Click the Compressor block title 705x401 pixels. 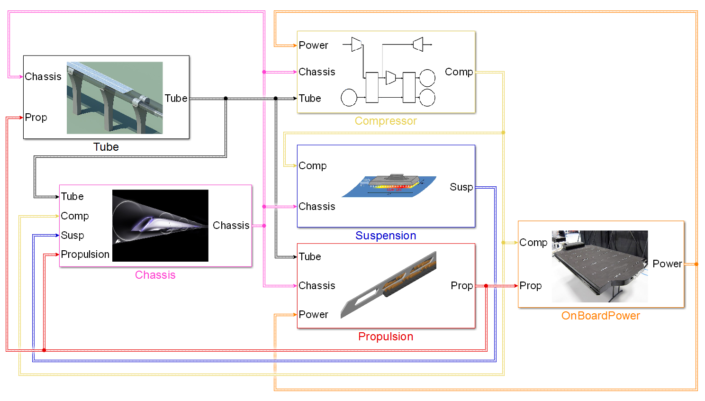pyautogui.click(x=386, y=121)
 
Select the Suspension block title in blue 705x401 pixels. pyautogui.click(x=386, y=236)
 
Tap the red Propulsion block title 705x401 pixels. pyautogui.click(x=386, y=337)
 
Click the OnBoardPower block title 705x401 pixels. pyautogui.click(x=600, y=316)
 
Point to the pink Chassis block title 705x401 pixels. pyautogui.click(x=155, y=275)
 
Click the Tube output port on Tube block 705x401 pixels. pyautogui.click(x=176, y=99)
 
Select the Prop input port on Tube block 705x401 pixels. pyautogui.click(x=36, y=118)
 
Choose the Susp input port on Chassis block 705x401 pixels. pyautogui.click(x=72, y=236)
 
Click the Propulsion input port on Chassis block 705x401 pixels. pyautogui.click(x=85, y=255)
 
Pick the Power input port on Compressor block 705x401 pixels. pyautogui.click(x=313, y=46)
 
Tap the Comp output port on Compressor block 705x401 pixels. pyautogui.click(x=459, y=72)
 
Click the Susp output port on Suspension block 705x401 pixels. pyautogui.click(x=461, y=187)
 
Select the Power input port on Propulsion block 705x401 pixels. pyautogui.click(x=313, y=315)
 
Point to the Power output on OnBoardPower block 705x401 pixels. pyautogui.click(x=667, y=264)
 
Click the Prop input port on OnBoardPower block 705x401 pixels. pyautogui.click(x=530, y=286)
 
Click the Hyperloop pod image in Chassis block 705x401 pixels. pyautogui.click(x=160, y=226)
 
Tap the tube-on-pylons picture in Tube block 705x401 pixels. pyautogui.click(x=115, y=98)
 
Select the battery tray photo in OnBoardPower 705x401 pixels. pyautogui.click(x=600, y=266)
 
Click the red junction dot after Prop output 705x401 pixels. pyautogui.click(x=486, y=286)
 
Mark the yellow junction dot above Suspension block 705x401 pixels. pyautogui.click(x=503, y=133)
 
